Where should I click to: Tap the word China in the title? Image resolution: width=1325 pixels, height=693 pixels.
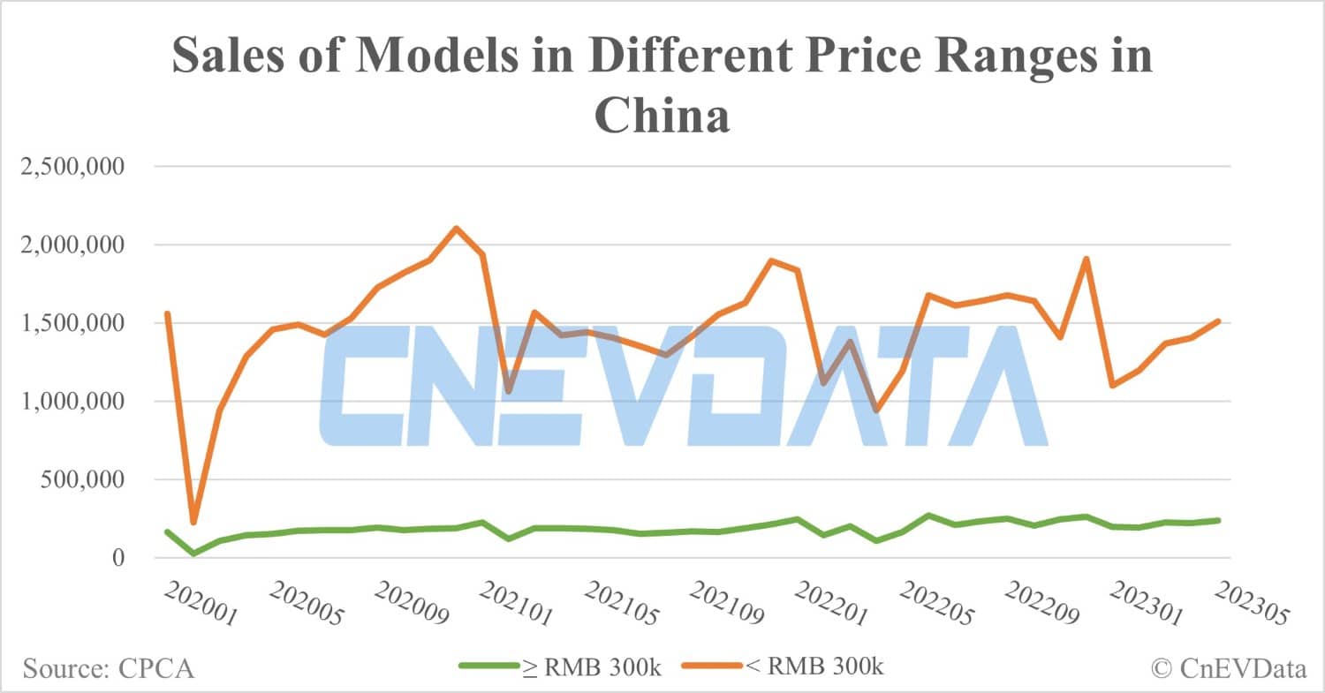pos(662,116)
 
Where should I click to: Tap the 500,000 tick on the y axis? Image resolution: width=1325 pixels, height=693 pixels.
pos(86,480)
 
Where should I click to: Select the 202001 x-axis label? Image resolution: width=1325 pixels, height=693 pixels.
pos(201,605)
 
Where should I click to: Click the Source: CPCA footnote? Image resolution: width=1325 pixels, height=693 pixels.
pos(109,668)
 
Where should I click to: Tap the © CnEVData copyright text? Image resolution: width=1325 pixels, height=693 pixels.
pos(1229,668)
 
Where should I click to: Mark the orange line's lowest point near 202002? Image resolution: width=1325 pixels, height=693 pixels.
pos(193,523)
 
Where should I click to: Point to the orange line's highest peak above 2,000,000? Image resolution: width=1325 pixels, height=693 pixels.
pos(454,228)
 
